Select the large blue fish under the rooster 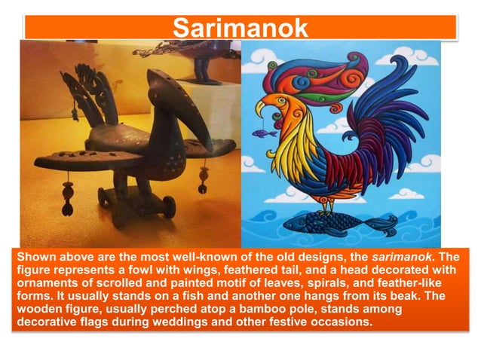pyautogui.click(x=342, y=221)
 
